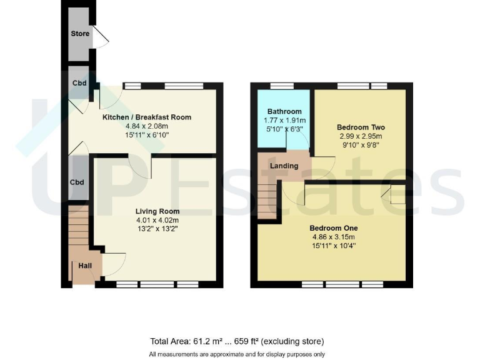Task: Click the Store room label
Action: coord(80,34)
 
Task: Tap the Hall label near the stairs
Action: coord(85,266)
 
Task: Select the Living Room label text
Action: coord(157,211)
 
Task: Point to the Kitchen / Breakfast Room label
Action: coord(147,117)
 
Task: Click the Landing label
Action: coord(284,166)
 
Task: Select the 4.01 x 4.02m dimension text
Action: coord(157,220)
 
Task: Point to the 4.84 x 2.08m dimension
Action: coord(147,126)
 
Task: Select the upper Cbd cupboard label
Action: coord(79,83)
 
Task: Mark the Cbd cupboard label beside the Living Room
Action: coord(77,182)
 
